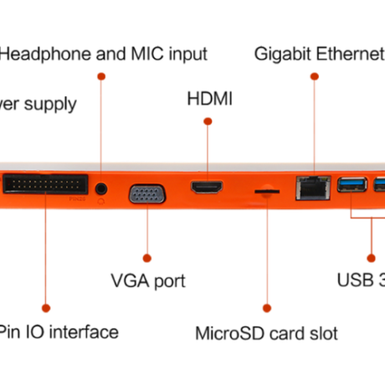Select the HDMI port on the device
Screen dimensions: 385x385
point(205,188)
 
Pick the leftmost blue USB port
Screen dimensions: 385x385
point(350,186)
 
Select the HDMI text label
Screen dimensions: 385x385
point(208,100)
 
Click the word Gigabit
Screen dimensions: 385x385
point(282,54)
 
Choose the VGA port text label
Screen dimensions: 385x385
point(147,280)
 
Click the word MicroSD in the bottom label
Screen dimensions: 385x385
point(230,333)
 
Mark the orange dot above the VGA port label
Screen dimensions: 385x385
point(146,258)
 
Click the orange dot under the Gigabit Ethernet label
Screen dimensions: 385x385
point(314,76)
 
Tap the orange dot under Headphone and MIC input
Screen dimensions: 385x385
point(101,76)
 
